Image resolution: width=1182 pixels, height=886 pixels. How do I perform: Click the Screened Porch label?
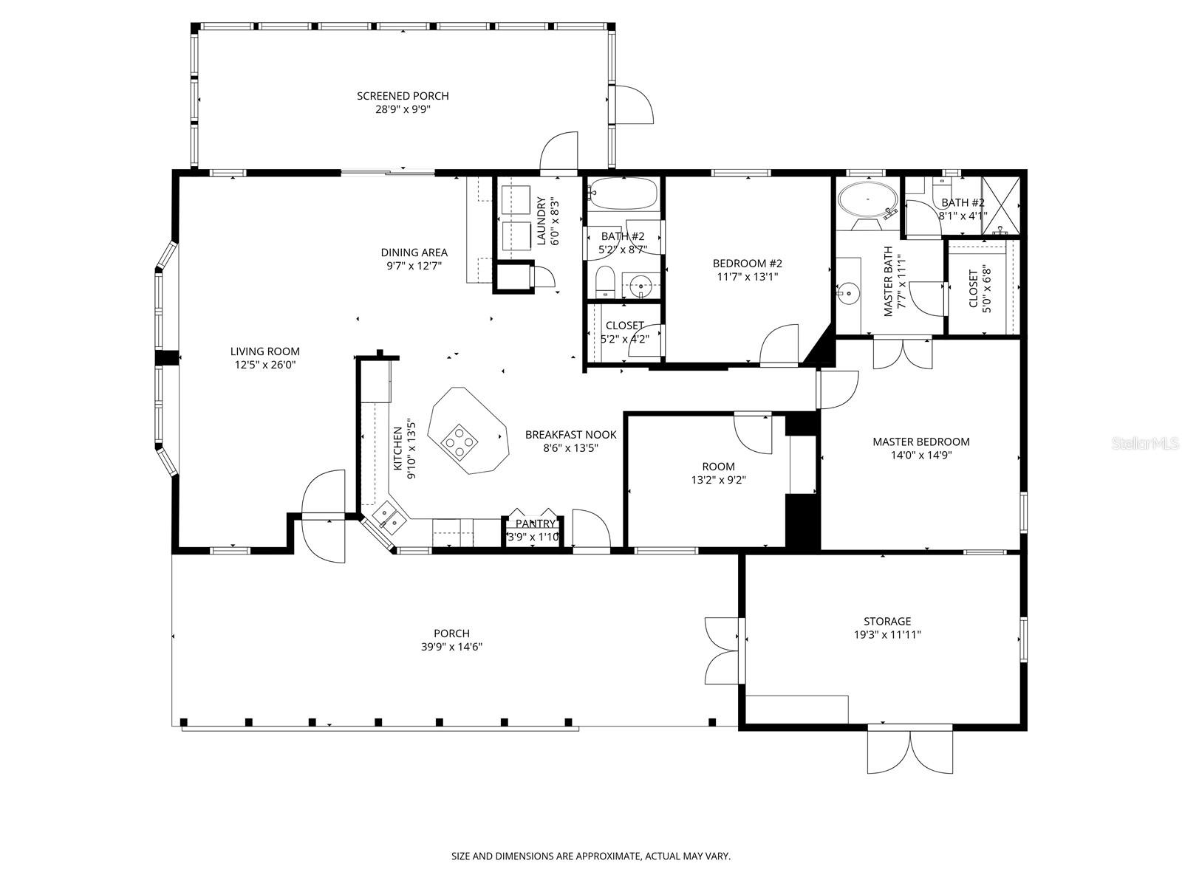(403, 96)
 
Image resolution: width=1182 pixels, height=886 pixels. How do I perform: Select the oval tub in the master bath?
(867, 199)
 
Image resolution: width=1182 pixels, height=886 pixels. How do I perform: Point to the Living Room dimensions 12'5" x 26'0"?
(264, 365)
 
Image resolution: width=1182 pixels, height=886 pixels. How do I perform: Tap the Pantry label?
(535, 524)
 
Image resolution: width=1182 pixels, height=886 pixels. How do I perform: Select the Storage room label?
(887, 622)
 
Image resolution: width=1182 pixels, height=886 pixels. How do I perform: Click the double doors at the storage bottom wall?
(910, 750)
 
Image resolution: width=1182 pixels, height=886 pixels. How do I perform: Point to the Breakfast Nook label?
(570, 435)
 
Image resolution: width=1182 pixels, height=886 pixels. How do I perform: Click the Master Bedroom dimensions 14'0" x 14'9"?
(920, 456)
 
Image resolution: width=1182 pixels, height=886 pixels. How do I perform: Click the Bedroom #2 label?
(747, 264)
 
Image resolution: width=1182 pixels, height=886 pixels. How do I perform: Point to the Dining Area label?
(414, 253)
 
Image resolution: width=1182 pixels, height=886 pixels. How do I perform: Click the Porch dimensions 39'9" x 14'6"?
(451, 647)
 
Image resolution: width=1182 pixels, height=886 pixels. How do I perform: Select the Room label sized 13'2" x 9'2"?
(718, 467)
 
